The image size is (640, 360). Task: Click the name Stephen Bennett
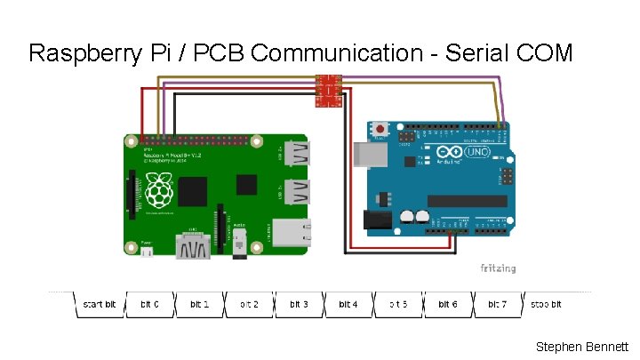(582, 347)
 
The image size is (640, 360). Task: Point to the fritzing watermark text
(498, 268)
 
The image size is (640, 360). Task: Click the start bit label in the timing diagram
(99, 304)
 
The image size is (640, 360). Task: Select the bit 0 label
(149, 304)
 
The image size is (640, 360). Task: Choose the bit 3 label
(299, 304)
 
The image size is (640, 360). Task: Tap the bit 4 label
(348, 304)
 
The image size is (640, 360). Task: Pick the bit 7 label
(498, 304)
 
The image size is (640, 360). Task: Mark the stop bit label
(547, 304)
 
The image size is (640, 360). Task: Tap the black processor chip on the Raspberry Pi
(194, 190)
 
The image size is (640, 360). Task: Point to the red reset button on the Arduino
(381, 130)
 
